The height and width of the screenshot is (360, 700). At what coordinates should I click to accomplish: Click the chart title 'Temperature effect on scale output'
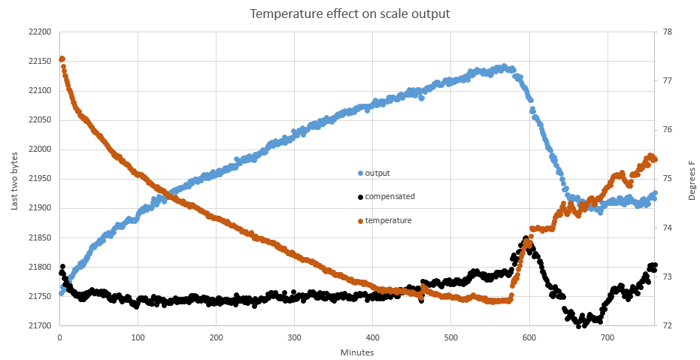coord(350,14)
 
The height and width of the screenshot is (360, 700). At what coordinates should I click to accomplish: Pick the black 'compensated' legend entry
coord(389,196)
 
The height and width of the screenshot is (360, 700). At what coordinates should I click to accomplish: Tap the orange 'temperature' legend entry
coord(388,220)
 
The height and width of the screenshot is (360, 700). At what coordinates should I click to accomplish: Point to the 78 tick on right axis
coord(666,32)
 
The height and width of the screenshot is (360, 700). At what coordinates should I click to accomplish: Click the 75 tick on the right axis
coord(666,179)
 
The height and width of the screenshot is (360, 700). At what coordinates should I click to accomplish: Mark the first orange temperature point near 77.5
coord(62,59)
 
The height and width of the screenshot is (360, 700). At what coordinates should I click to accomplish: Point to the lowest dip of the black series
coord(579,325)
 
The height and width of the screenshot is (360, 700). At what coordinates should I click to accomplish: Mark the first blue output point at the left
coord(62,293)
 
